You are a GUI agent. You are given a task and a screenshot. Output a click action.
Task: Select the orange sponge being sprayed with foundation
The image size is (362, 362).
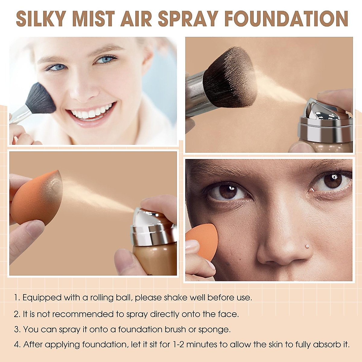(33, 198)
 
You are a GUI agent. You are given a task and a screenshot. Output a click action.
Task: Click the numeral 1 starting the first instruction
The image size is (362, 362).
(16, 298)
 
